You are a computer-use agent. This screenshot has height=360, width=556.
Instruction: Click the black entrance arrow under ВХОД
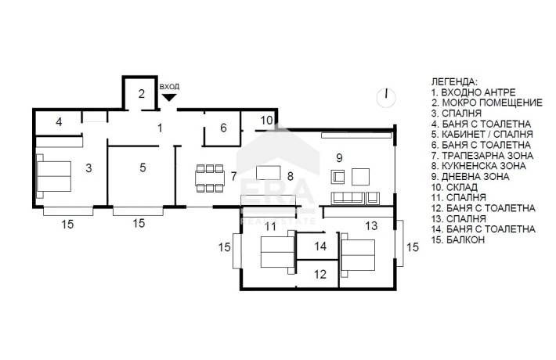coord(169,97)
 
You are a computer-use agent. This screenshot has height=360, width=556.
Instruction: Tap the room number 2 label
coord(142,94)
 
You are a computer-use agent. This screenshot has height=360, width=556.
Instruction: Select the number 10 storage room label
coord(267,121)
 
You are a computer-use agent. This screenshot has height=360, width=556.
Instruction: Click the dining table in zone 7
coord(210,178)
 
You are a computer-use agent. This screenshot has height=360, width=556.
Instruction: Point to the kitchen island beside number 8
coord(268,172)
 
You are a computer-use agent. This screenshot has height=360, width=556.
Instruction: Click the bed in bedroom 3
coord(53,176)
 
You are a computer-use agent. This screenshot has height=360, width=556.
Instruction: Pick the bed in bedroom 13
coord(357,255)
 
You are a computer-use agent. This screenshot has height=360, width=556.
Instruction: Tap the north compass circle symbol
coord(386,98)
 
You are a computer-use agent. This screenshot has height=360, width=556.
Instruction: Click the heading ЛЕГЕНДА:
coord(454,81)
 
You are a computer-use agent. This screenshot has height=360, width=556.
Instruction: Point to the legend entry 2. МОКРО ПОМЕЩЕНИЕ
coord(487,103)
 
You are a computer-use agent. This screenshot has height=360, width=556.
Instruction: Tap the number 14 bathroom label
coord(320,247)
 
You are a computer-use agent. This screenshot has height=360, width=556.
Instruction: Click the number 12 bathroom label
coord(320,274)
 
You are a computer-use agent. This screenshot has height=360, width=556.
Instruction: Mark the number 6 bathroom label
coord(223,128)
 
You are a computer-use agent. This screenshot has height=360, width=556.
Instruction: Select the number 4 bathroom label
coord(59,122)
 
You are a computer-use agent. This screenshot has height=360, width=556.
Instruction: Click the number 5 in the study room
coord(143,167)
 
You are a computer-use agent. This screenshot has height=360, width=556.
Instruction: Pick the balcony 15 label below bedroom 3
coord(67,224)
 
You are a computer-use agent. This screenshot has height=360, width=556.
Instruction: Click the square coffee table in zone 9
coord(361,177)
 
